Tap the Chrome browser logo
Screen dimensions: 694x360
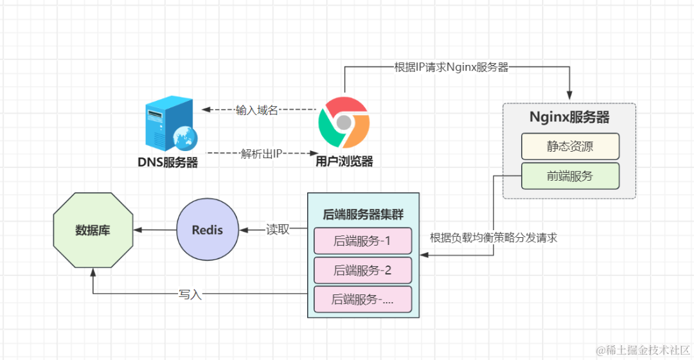(344, 123)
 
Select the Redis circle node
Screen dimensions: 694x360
(208, 230)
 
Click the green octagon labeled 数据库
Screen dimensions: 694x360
(93, 230)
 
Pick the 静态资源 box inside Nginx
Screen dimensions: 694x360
(570, 146)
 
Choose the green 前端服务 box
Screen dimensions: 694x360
(570, 175)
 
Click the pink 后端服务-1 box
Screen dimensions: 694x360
(362, 241)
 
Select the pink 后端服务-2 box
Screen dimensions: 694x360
(362, 270)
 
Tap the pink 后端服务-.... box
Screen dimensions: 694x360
(362, 300)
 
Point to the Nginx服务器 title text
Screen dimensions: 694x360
(569, 118)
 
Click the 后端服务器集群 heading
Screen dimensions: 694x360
(363, 215)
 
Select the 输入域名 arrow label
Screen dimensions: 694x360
(256, 110)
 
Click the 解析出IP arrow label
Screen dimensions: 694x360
(261, 154)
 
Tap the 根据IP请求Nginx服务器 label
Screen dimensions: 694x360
(452, 67)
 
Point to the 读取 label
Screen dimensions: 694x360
(278, 230)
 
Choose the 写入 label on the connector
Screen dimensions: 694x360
(190, 294)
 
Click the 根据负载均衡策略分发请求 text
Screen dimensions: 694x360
(494, 238)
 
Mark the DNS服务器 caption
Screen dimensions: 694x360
(168, 162)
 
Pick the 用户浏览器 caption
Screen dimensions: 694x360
(344, 161)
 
